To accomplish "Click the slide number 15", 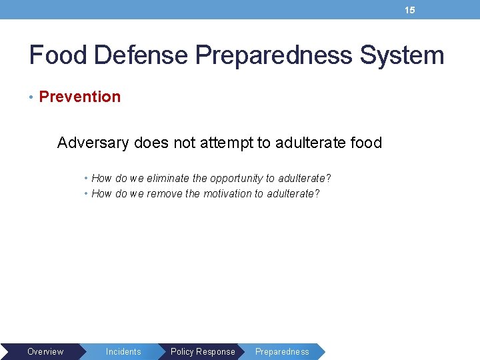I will pos(410,10).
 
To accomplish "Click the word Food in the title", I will pos(58,55).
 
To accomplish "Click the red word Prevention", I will pos(80,97).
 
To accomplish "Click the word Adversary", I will pos(93,143).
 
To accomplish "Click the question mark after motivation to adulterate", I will pos(317,193).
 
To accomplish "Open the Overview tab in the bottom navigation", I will pos(45,351).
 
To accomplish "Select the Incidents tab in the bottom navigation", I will pos(123,351).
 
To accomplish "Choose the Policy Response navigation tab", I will pos(203,351).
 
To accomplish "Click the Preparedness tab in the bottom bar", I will pos(282,351).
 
